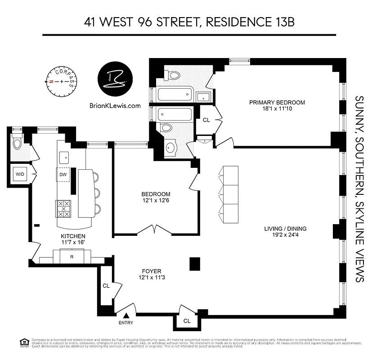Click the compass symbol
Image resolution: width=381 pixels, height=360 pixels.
(62, 81)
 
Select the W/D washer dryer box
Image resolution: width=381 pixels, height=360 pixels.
(20, 174)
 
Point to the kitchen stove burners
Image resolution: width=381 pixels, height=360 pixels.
(63, 209)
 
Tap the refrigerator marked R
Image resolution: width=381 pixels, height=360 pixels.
(72, 257)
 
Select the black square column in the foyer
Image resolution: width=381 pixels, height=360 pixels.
(195, 263)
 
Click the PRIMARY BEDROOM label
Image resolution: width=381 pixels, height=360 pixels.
(277, 103)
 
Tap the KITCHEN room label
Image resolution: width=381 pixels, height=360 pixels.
(72, 236)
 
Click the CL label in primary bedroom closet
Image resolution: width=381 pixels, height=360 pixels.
(206, 120)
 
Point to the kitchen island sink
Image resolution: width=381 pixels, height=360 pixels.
(63, 157)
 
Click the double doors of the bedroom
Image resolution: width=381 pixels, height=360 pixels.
(155, 230)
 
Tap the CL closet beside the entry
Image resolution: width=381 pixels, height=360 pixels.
(106, 285)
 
